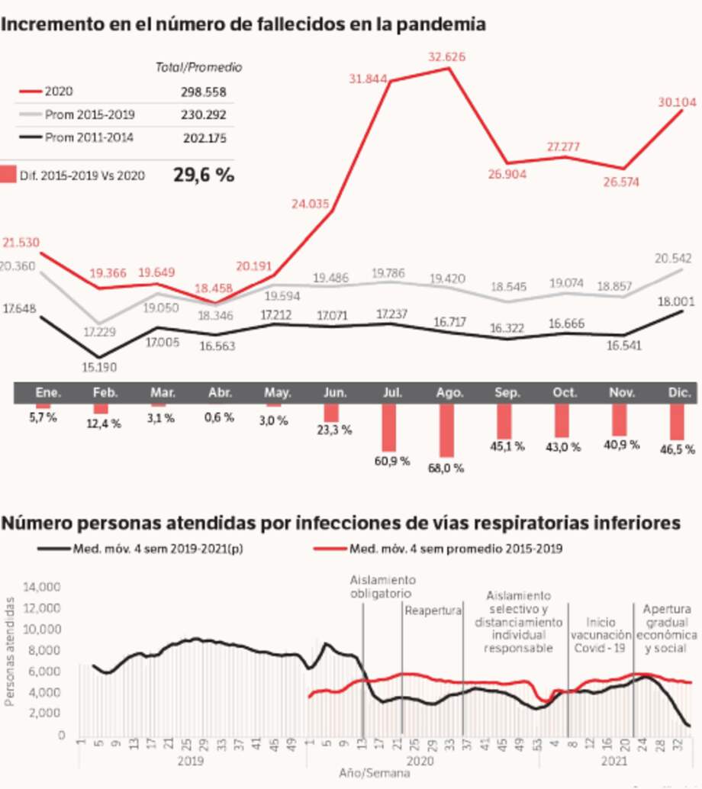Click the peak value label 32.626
click(446, 56)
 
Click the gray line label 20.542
click(672, 259)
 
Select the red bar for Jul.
click(390, 427)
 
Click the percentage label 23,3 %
click(333, 429)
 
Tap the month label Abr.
click(220, 393)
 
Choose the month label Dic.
click(678, 393)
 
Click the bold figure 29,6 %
click(204, 175)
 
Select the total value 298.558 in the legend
click(200, 92)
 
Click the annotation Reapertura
click(433, 610)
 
